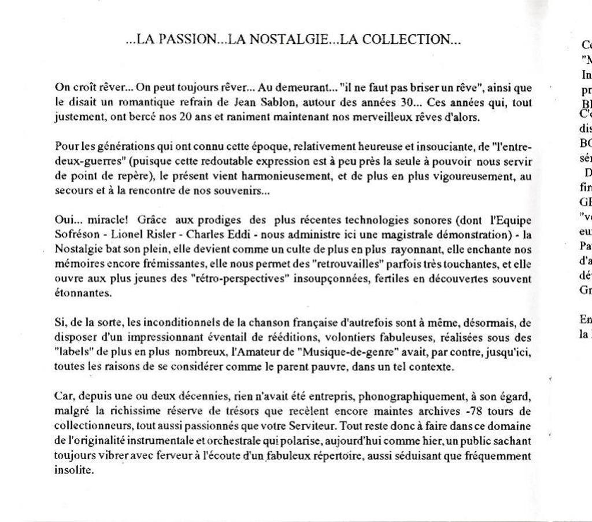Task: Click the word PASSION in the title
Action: [x=186, y=40]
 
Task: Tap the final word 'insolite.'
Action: [x=74, y=470]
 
